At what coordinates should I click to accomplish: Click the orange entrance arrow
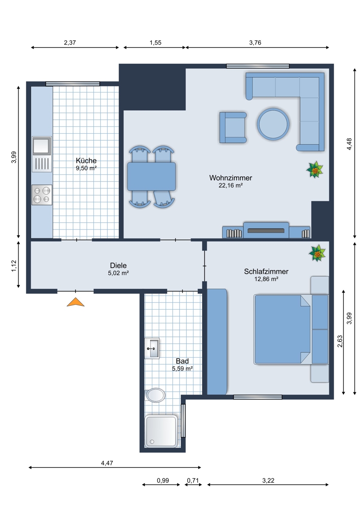(76, 302)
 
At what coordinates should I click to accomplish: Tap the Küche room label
(86, 161)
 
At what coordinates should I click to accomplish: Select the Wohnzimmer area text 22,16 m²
(231, 185)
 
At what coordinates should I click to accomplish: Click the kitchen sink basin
(42, 145)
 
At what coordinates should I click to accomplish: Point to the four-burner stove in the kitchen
(42, 195)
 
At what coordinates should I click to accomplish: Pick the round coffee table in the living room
(273, 124)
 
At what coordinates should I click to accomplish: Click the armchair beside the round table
(233, 128)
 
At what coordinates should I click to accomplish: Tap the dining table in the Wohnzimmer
(152, 176)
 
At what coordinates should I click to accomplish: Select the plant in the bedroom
(317, 253)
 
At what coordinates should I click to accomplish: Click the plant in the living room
(315, 170)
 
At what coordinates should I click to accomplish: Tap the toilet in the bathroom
(155, 395)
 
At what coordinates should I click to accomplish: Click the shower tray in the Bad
(161, 431)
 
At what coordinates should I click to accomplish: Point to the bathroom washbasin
(152, 348)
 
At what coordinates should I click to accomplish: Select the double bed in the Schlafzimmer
(291, 330)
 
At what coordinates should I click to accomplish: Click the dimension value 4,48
(349, 144)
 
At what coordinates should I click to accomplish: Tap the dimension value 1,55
(155, 43)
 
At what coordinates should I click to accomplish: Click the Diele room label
(118, 266)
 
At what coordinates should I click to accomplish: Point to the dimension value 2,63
(340, 341)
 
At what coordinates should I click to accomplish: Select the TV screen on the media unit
(266, 231)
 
